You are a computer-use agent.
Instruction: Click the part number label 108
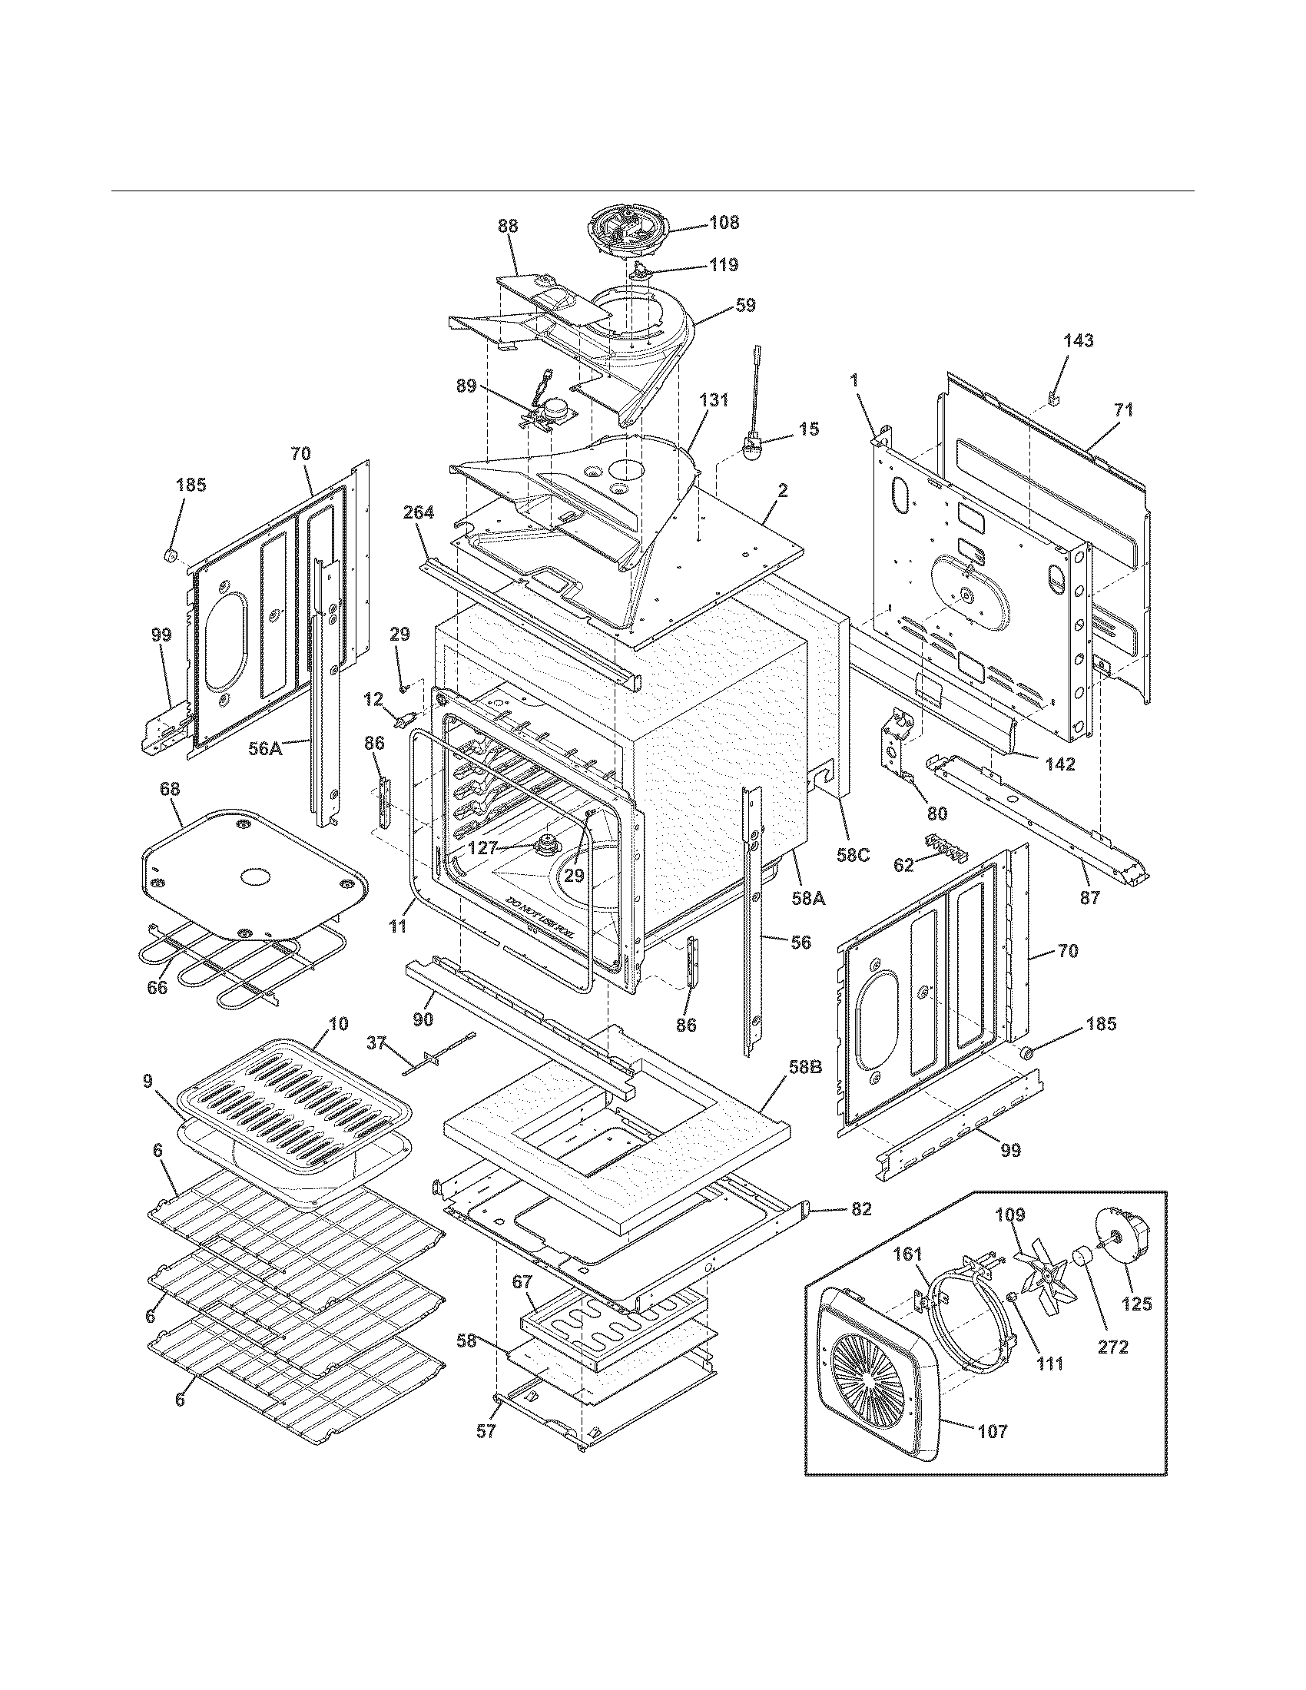pyautogui.click(x=724, y=222)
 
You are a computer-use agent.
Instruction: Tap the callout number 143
pyautogui.click(x=1079, y=340)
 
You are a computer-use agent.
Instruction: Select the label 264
pyautogui.click(x=419, y=512)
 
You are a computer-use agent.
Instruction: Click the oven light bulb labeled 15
pyautogui.click(x=751, y=449)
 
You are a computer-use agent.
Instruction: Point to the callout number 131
pyautogui.click(x=714, y=400)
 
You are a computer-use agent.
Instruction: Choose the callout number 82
pyautogui.click(x=861, y=1209)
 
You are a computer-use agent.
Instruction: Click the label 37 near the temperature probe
pyautogui.click(x=376, y=1044)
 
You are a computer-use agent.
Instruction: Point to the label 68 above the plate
pyautogui.click(x=170, y=789)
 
